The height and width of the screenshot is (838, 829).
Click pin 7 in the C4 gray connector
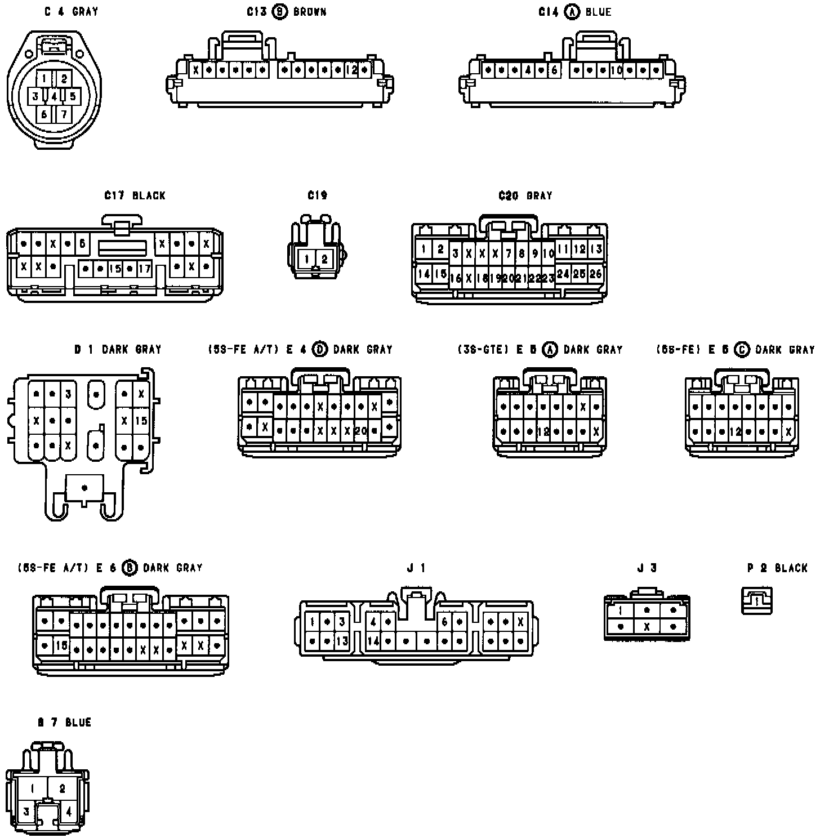coord(64,114)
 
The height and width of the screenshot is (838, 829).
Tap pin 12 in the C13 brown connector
coord(351,70)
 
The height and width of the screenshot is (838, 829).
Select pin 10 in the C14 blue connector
coord(616,70)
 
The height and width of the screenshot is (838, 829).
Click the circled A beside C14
coord(572,12)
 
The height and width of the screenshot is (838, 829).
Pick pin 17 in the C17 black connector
coord(145,269)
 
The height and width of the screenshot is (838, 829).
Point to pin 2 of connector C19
coord(324,260)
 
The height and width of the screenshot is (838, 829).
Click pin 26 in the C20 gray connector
coord(596,274)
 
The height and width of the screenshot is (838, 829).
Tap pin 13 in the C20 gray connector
coord(596,248)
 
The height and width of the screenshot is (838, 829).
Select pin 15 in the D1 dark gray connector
coord(141,420)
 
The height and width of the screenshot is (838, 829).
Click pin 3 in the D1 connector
coord(68,394)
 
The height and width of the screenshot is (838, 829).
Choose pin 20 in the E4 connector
coord(361,431)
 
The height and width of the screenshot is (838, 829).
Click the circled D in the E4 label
coord(319,349)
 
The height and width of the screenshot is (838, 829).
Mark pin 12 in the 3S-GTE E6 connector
coord(543,432)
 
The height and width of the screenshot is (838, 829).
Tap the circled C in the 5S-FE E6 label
coord(742,350)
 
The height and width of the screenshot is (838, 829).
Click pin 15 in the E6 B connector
coord(61,645)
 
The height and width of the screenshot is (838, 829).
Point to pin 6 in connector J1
coord(444,622)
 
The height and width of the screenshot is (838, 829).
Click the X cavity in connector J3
coord(647,626)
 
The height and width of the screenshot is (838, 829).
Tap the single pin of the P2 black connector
coord(757,601)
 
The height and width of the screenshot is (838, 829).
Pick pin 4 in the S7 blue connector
coord(69,812)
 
